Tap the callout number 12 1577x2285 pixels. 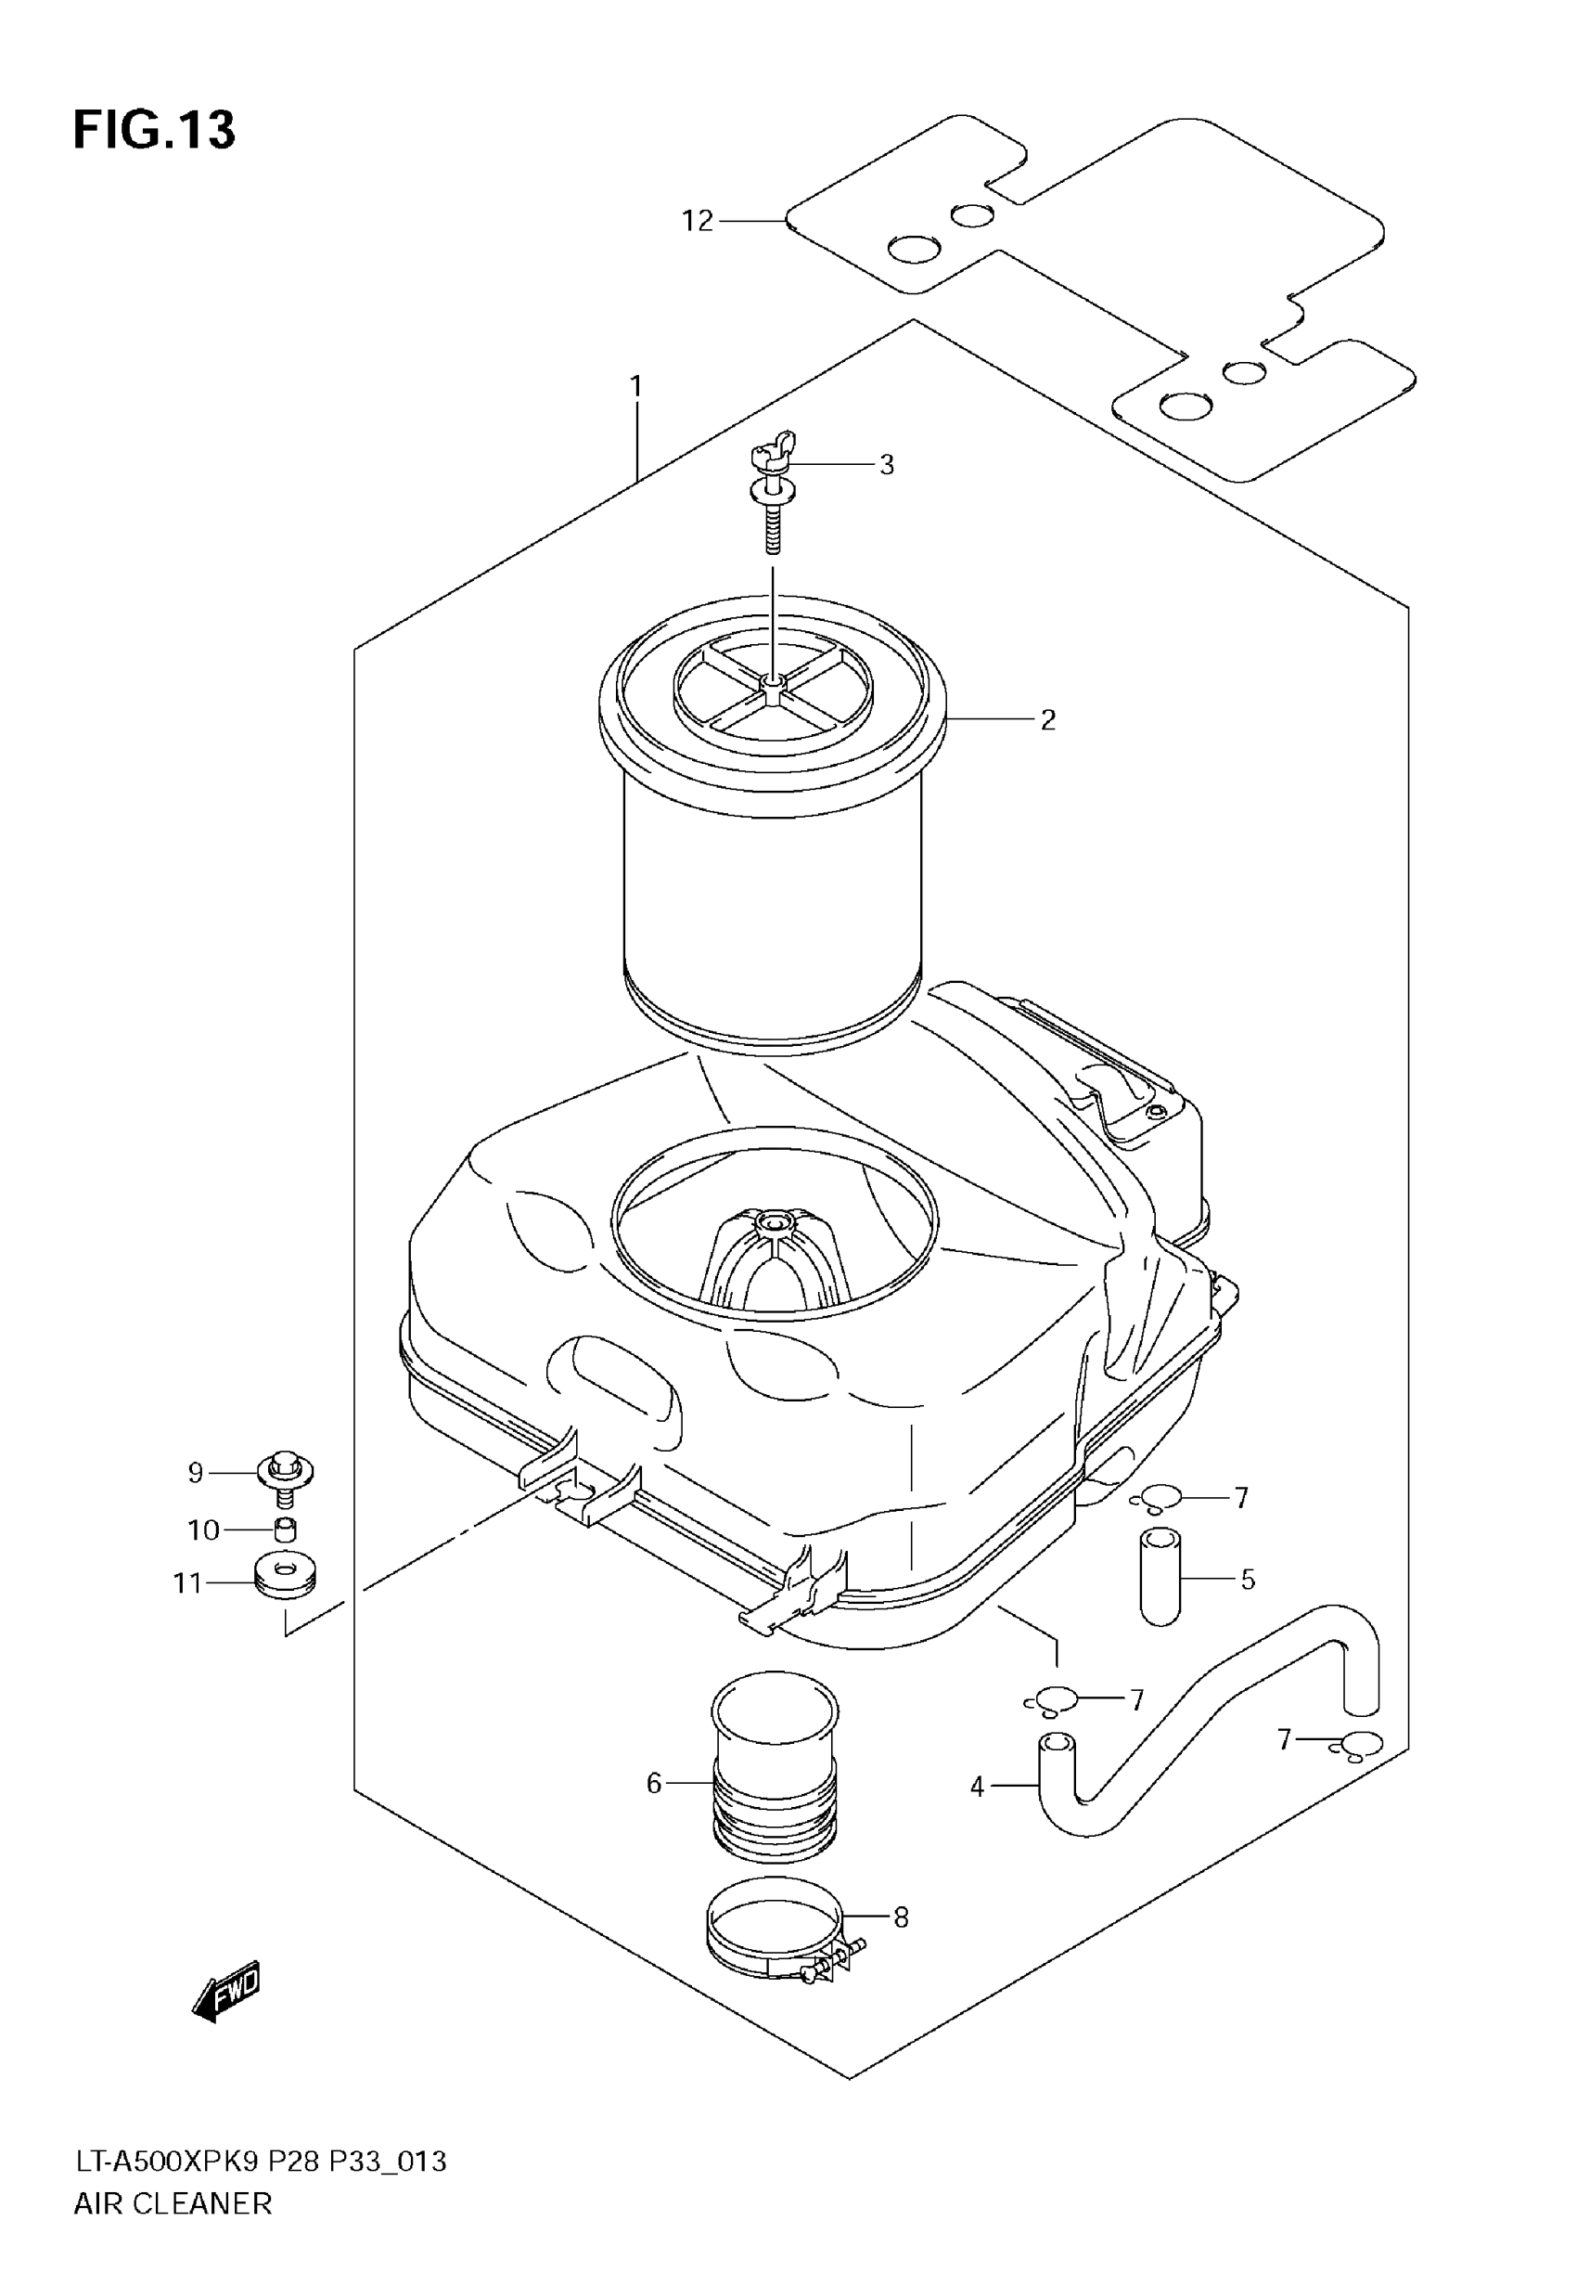pos(697,220)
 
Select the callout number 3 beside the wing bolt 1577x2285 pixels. pos(886,464)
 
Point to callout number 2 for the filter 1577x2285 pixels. pos(1047,719)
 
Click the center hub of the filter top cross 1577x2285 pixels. pos(774,682)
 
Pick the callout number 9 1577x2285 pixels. pos(196,1474)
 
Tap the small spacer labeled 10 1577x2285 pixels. pos(286,1530)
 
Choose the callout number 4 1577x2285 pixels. pos(977,1787)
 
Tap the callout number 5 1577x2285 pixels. pos(1248,1580)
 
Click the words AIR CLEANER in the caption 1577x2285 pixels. pos(173,2203)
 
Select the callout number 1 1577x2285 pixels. pos(636,385)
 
